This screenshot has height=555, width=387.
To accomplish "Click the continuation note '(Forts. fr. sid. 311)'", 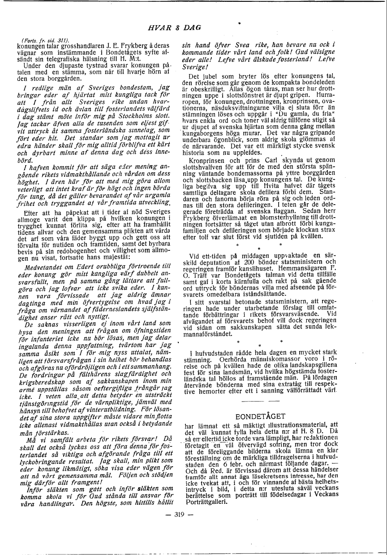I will tap(32, 41).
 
